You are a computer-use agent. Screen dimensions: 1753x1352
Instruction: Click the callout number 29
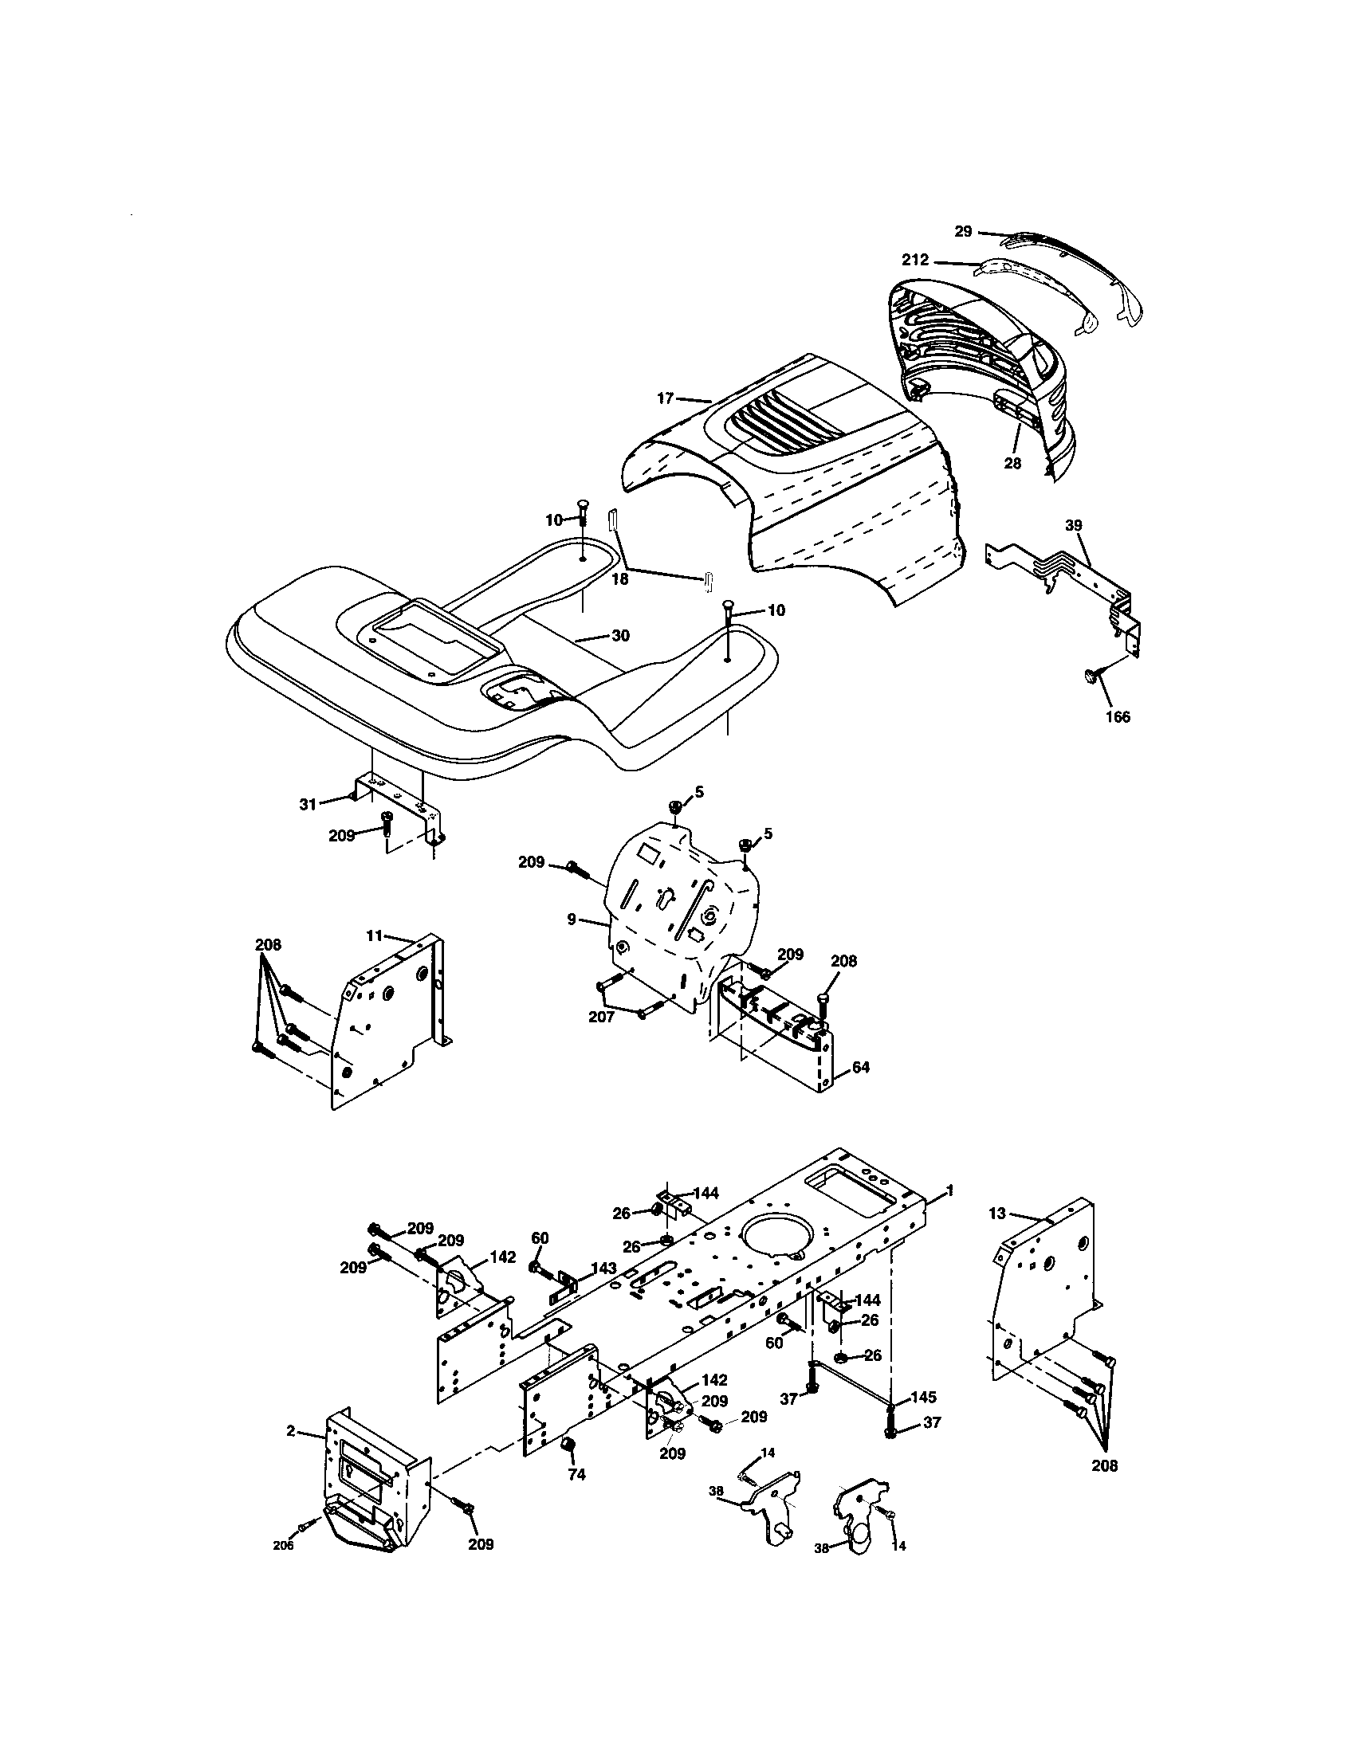coord(963,231)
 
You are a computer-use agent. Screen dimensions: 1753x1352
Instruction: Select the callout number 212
coord(915,260)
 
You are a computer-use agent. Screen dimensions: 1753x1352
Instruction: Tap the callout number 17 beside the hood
coord(665,398)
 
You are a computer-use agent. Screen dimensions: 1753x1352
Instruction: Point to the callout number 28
coord(1012,463)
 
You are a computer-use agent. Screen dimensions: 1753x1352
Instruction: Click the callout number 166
coord(1118,717)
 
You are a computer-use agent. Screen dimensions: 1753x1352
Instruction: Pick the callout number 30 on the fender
coord(621,636)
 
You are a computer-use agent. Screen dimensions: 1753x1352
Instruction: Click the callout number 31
coord(308,804)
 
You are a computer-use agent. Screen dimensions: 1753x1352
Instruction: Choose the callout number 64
coord(861,1068)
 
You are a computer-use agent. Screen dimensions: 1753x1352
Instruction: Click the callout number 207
coord(601,1017)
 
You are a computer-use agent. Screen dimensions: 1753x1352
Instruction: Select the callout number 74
coord(576,1474)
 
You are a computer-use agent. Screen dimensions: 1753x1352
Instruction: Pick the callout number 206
coord(283,1546)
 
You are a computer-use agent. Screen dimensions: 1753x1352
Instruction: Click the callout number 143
coord(603,1269)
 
